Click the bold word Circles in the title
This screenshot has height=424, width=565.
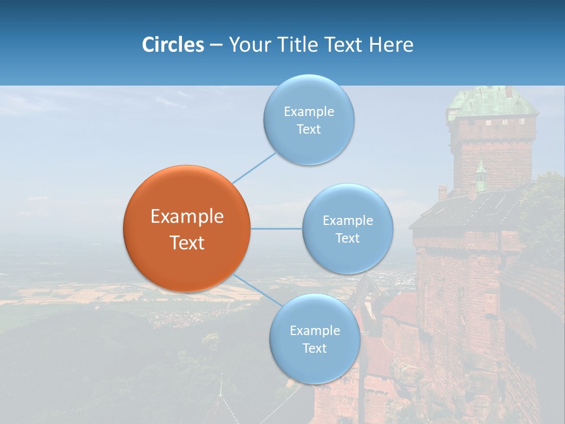(x=173, y=45)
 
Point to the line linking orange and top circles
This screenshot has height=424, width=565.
(x=254, y=168)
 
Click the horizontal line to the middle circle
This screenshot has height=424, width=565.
(x=277, y=228)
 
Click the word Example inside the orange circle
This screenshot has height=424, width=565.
(x=187, y=217)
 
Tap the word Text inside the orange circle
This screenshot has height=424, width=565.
(x=187, y=243)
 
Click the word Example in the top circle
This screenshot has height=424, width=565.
(x=309, y=112)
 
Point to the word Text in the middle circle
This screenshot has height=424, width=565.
(x=348, y=238)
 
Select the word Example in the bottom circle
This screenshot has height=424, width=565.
(x=315, y=331)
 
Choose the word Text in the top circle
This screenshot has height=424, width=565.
(x=309, y=130)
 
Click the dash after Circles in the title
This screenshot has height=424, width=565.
(x=216, y=45)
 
